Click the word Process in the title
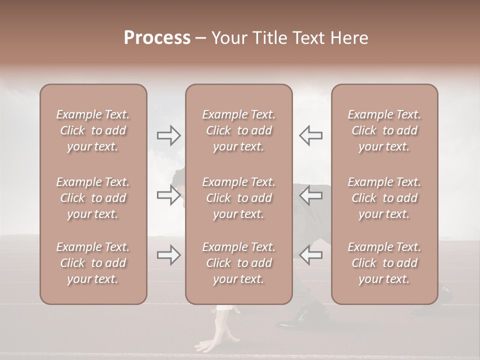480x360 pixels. click(157, 38)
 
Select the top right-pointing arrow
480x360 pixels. click(169, 135)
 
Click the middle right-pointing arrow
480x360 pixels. click(169, 195)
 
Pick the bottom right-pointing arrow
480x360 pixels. click(169, 254)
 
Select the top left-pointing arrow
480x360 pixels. click(310, 135)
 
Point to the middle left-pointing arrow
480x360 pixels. click(310, 195)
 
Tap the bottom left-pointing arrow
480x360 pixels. click(310, 254)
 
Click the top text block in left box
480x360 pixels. click(93, 130)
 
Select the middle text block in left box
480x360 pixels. click(93, 198)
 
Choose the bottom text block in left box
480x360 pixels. click(93, 263)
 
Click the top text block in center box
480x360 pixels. click(239, 130)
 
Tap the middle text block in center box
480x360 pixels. click(239, 198)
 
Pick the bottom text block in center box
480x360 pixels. click(239, 263)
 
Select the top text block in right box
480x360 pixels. click(384, 130)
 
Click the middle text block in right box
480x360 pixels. click(384, 198)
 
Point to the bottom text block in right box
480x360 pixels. click(384, 263)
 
